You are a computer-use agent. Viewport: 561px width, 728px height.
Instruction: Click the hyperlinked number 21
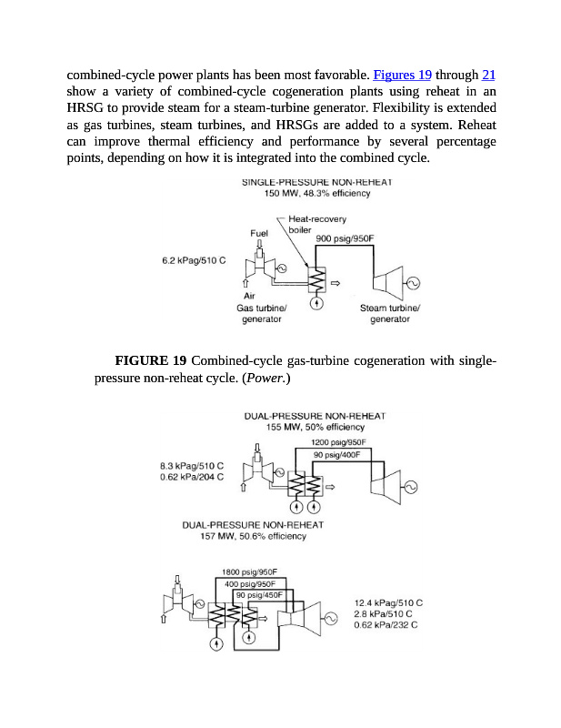(488, 74)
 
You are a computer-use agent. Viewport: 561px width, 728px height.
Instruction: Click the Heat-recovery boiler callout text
(311, 224)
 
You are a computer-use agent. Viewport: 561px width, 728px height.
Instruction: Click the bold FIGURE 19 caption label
(150, 362)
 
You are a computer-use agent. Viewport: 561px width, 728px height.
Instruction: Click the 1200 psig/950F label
(338, 441)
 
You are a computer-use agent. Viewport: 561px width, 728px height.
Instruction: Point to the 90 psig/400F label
(336, 454)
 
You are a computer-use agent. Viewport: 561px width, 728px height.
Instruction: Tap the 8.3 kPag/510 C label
(191, 466)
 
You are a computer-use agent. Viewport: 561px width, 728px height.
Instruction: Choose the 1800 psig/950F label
(249, 572)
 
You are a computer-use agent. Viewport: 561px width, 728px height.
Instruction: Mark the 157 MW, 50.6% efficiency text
(253, 536)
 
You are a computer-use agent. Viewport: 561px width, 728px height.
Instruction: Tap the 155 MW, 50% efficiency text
(316, 427)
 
